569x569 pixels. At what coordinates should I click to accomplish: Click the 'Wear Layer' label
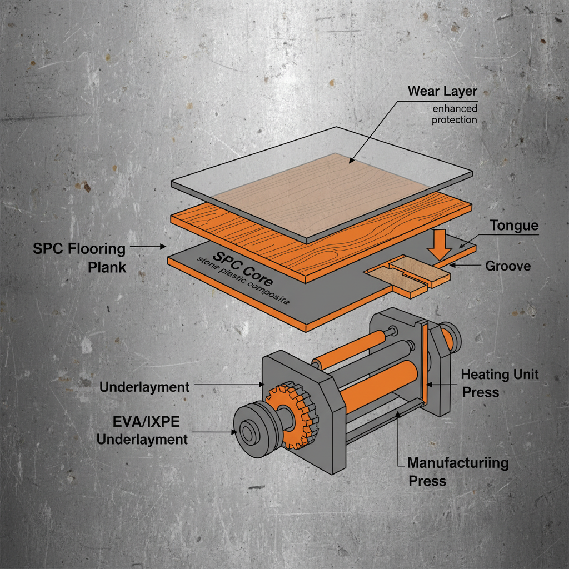click(x=442, y=91)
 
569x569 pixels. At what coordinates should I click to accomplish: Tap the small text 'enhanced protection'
click(x=454, y=114)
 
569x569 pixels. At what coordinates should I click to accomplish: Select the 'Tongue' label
click(x=514, y=226)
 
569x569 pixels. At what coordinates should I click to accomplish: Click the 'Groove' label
click(x=508, y=266)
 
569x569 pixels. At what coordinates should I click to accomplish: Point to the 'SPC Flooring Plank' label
click(x=79, y=257)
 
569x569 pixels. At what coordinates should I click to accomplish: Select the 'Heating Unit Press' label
click(x=500, y=383)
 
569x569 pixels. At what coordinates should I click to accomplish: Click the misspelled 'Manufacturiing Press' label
click(x=457, y=471)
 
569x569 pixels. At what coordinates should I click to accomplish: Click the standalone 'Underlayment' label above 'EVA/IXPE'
click(x=144, y=387)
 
